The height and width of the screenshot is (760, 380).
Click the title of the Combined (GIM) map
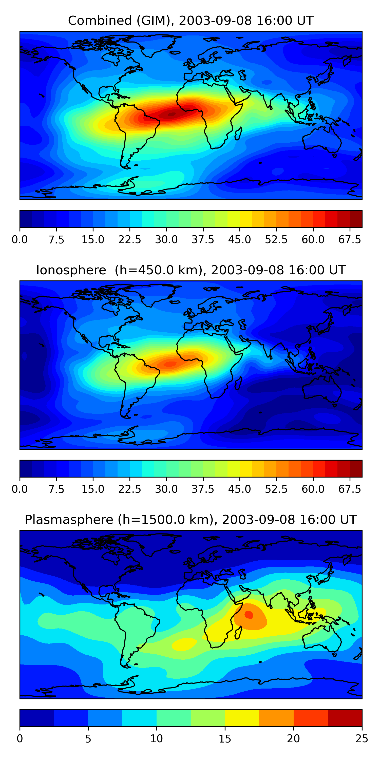191,21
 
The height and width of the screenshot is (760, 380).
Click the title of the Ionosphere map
191,270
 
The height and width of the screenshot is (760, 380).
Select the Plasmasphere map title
191,520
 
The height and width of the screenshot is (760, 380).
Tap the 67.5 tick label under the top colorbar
350,240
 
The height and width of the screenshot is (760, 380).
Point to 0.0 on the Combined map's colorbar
20,240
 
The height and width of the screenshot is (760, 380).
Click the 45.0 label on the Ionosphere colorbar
240,489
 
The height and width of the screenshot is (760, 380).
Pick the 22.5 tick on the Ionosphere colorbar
130,489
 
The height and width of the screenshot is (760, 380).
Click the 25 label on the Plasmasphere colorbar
362,739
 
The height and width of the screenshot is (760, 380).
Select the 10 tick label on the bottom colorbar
156,739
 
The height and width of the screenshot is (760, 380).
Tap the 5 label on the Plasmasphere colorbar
88,739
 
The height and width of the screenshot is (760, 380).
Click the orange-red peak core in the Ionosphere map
170,364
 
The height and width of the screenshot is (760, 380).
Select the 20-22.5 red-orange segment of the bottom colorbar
310,718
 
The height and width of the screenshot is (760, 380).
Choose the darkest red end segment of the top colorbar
356,219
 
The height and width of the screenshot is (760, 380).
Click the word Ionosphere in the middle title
71,270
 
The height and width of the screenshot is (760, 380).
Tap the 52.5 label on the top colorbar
276,240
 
